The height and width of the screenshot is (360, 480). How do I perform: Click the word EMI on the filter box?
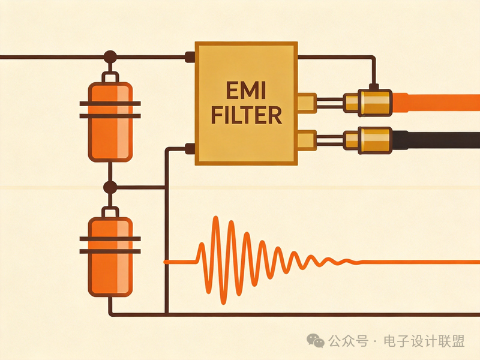point(246,91)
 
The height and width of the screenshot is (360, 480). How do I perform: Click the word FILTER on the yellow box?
point(247,115)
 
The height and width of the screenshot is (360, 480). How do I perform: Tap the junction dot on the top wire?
point(110,57)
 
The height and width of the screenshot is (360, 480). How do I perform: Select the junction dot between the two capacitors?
point(110,187)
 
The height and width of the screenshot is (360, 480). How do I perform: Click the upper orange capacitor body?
point(110,122)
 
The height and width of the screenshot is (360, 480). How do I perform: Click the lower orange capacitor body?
point(110,257)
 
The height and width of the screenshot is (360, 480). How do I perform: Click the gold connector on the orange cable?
point(368,103)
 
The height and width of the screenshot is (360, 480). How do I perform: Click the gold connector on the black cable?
point(368,140)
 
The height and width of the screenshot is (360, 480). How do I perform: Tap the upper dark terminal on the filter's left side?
point(190,57)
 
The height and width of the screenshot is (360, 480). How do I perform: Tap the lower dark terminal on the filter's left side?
point(190,148)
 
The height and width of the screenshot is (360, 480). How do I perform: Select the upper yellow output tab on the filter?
point(307,103)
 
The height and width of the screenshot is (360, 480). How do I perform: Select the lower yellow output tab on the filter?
point(307,140)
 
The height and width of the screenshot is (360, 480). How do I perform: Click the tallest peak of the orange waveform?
point(216,217)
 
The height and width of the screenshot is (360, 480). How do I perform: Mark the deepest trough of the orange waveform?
point(224,303)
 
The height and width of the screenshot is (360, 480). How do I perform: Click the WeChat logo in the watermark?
point(316,340)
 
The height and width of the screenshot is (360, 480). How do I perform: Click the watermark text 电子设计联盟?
point(424,341)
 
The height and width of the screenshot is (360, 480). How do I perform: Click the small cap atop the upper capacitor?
point(110,77)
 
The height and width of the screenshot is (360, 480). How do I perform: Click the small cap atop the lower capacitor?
point(110,212)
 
